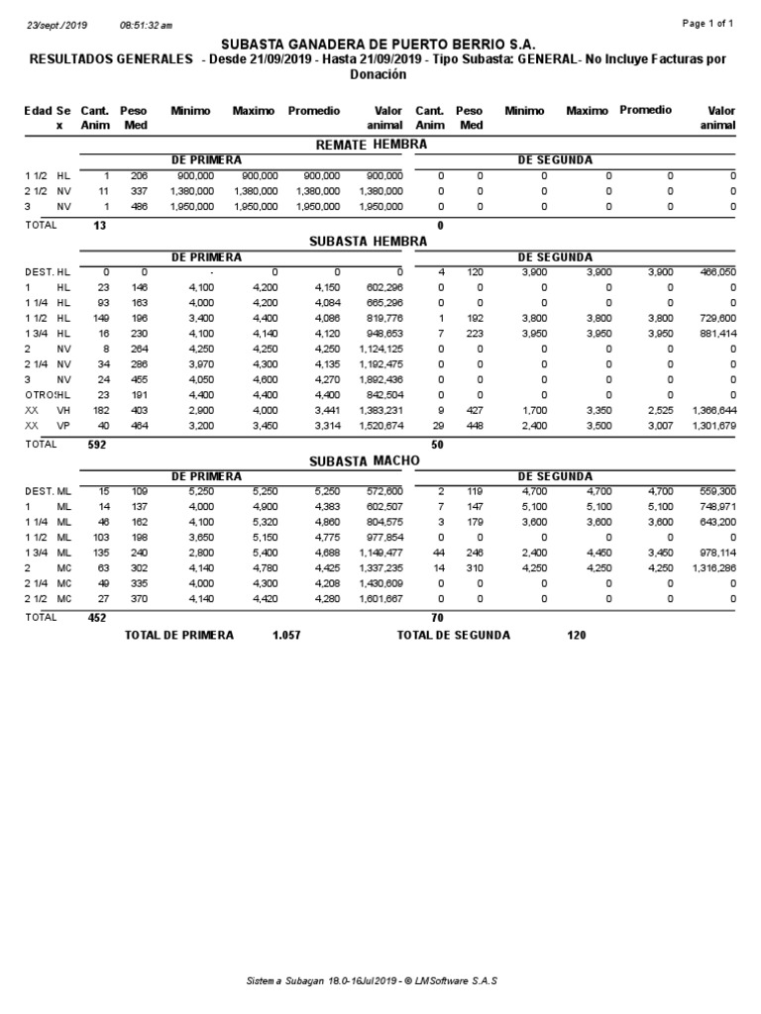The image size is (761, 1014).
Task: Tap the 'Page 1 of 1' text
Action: pos(708,23)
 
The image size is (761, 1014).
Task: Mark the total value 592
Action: pos(95,445)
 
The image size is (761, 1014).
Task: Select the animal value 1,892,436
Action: pos(377,378)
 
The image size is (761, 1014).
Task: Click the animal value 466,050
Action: pos(712,270)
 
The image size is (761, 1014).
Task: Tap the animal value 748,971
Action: pos(712,506)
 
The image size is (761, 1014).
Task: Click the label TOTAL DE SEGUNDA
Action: pos(453,635)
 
